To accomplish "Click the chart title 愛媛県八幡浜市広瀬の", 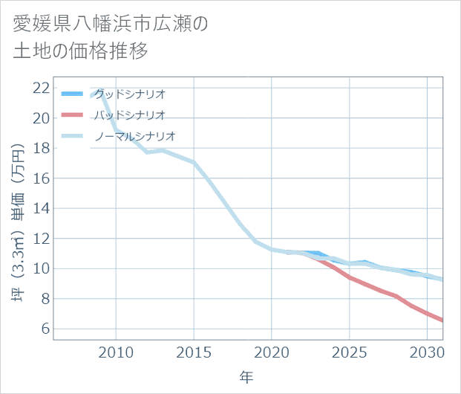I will (111, 23).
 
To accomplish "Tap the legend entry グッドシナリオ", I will (129, 94).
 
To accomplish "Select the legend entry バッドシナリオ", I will (129, 114).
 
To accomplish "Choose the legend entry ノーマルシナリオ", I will (134, 136).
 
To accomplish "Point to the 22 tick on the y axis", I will (42, 88).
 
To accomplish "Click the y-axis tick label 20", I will (42, 118).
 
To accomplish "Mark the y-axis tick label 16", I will (42, 178).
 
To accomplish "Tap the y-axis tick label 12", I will (42, 239).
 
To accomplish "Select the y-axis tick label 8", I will (45, 299).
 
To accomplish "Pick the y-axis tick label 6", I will (45, 329).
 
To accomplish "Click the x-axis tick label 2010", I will (117, 351).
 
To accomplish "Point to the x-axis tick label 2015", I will (194, 351).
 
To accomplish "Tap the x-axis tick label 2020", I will (272, 351).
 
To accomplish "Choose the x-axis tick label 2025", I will (350, 351).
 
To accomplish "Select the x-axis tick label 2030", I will (427, 351).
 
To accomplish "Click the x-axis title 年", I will (247, 378).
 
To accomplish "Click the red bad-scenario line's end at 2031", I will (442, 320).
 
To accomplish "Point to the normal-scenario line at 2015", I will (194, 162).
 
